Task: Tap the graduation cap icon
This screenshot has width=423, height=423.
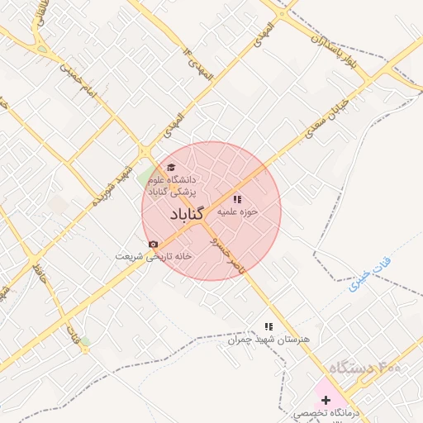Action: (x=172, y=167)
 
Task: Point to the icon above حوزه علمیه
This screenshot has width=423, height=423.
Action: (x=237, y=199)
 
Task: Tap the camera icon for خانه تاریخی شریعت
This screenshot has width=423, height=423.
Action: (x=153, y=244)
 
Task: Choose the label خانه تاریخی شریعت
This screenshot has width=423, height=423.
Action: (x=153, y=256)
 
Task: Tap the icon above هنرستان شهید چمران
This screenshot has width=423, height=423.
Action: (x=267, y=327)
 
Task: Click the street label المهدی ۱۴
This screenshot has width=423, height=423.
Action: (x=198, y=64)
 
